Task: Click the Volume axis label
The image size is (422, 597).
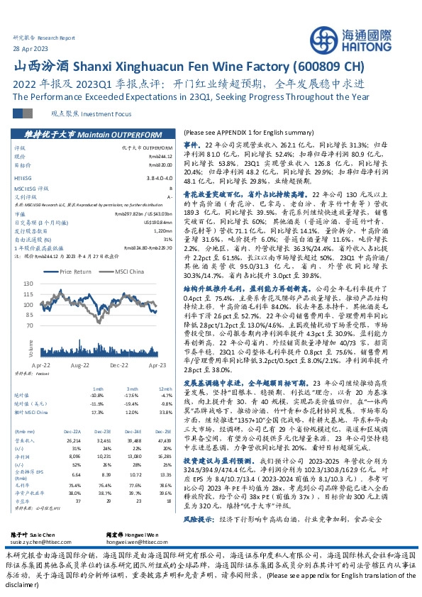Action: coord(30,347)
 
